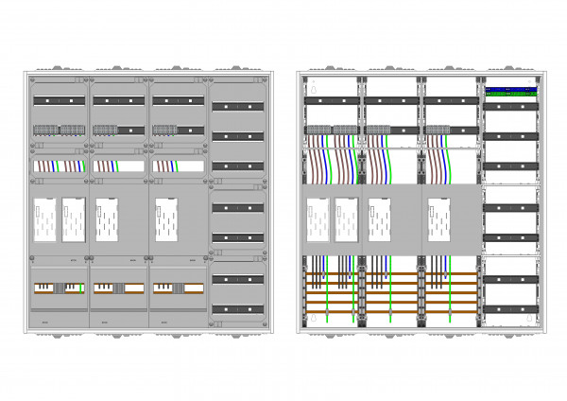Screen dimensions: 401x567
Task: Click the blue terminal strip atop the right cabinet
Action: pyautogui.click(x=511, y=91)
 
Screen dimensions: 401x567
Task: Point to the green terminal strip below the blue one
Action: pyautogui.click(x=511, y=96)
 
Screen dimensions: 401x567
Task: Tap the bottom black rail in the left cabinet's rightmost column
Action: pyautogui.click(x=236, y=308)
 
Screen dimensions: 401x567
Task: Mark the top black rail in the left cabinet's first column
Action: pyautogui.click(x=60, y=99)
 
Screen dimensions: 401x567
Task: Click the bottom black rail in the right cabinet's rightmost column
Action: pyautogui.click(x=510, y=308)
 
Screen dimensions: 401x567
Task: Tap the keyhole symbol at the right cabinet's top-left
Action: pyautogui.click(x=316, y=94)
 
